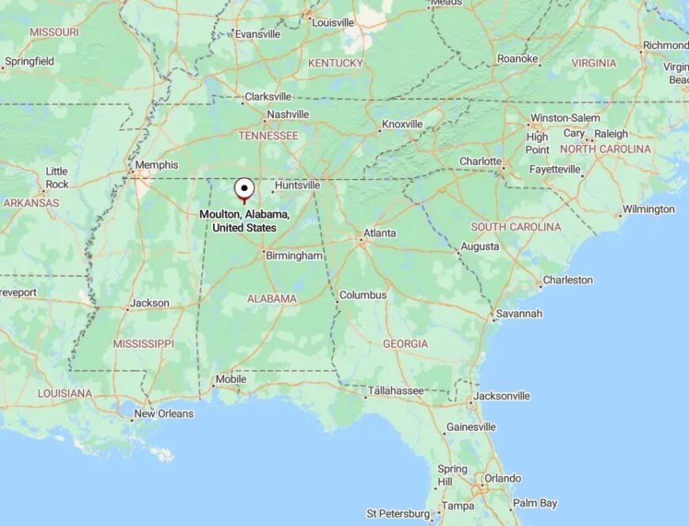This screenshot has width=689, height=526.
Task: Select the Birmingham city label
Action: pyautogui.click(x=294, y=256)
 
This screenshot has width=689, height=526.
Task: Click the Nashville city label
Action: pyautogui.click(x=287, y=114)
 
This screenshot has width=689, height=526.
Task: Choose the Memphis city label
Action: pyautogui.click(x=157, y=165)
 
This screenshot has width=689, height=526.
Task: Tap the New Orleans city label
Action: pyautogui.click(x=163, y=414)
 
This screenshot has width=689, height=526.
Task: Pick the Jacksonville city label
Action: pyautogui.click(x=501, y=396)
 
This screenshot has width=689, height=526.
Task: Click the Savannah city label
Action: pyautogui.click(x=520, y=314)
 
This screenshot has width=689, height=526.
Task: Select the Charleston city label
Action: pyautogui.click(x=568, y=280)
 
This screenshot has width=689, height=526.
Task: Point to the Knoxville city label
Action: pyautogui.click(x=402, y=124)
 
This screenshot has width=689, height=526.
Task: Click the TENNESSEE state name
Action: pyautogui.click(x=268, y=136)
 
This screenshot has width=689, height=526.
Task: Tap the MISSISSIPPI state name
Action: pyautogui.click(x=143, y=344)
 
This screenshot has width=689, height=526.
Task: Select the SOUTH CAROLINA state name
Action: pyautogui.click(x=516, y=227)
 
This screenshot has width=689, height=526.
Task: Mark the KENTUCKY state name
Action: pyautogui.click(x=335, y=63)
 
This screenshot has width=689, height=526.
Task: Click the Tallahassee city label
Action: pyautogui.click(x=396, y=391)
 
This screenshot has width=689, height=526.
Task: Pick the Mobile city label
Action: pyautogui.click(x=230, y=379)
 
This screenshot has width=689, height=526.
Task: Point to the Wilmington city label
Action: pyautogui.click(x=648, y=209)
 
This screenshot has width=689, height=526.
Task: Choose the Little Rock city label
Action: pyautogui.click(x=57, y=178)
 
